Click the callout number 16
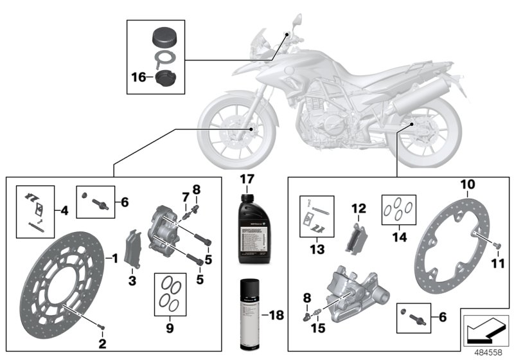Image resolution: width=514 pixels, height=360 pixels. [137, 78]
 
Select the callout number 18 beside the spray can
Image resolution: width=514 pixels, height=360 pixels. [275, 315]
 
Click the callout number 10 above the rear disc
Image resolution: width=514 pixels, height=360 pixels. [468, 184]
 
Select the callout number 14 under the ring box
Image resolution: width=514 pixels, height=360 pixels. [400, 236]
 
